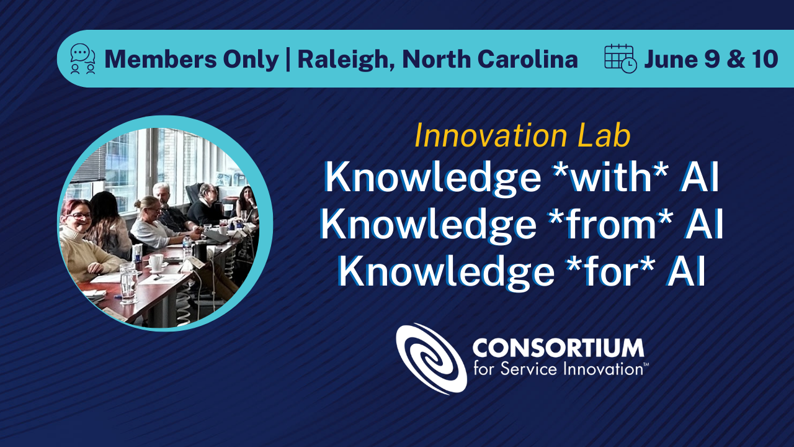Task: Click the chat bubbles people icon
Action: [83, 59]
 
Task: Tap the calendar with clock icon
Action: [620, 59]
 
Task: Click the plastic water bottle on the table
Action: [187, 246]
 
